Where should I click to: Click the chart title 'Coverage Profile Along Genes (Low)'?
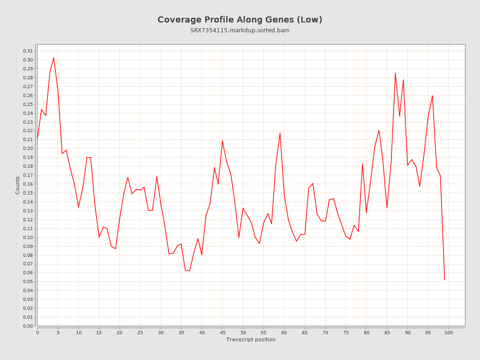pos(240,20)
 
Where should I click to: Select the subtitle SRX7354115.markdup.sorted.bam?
pos(240,30)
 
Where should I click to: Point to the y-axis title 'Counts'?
pos(18,185)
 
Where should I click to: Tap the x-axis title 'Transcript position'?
pos(251,339)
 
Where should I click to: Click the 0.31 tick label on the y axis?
pos(28,51)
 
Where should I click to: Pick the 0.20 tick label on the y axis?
pos(28,149)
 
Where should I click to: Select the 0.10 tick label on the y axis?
pos(28,237)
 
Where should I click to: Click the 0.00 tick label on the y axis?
pos(28,326)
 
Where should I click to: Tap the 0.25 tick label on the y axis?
pos(28,104)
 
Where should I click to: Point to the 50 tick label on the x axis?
pos(243,332)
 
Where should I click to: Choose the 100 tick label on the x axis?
pos(449,332)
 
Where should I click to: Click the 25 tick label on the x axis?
pos(140,332)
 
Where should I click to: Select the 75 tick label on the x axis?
pos(346,332)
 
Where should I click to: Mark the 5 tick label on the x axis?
pos(58,332)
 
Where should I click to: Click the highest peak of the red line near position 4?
pos(53,58)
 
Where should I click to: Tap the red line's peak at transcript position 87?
pos(395,73)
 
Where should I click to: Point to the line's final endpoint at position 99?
pos(444,279)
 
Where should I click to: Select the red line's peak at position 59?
pos(280,133)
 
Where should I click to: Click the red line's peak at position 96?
pos(432,96)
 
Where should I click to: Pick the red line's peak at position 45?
pos(222,141)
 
